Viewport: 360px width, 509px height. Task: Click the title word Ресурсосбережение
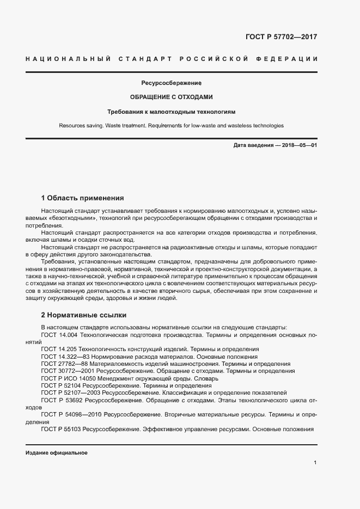click(x=172, y=83)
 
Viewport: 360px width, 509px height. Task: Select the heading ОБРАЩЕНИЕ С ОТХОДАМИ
click(x=171, y=97)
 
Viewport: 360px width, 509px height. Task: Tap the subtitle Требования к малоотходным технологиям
click(x=171, y=112)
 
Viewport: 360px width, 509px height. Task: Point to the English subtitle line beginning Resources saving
click(x=171, y=126)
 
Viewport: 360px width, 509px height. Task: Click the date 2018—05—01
click(x=299, y=146)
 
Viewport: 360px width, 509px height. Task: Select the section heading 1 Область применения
click(x=83, y=198)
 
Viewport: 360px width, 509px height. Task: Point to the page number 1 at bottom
click(x=315, y=463)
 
